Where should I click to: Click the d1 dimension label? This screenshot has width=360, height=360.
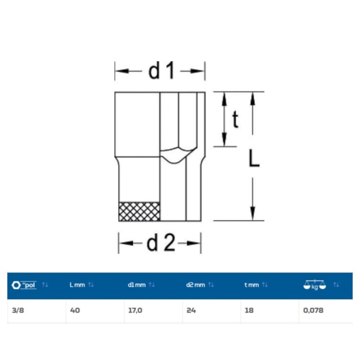[x=161, y=71]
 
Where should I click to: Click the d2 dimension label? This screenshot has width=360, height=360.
[x=161, y=243]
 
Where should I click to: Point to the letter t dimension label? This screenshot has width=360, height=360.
[x=235, y=119]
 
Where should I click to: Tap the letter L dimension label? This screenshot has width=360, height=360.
[x=254, y=158]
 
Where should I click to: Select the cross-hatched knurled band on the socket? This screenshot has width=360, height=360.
[x=140, y=212]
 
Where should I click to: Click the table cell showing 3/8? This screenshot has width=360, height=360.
[x=18, y=310]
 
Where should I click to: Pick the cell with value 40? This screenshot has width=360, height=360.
[x=75, y=310]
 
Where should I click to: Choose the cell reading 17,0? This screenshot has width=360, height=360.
[x=135, y=310]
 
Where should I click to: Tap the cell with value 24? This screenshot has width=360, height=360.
[x=191, y=310]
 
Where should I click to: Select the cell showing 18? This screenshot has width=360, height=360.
[x=249, y=310]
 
